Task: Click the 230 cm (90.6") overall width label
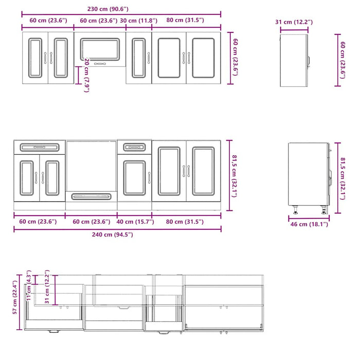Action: pos(107,9)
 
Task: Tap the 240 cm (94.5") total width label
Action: pos(109,235)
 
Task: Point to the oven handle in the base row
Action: pos(92,196)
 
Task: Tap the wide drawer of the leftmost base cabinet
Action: pos(40,148)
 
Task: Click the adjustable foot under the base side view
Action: pos(296,210)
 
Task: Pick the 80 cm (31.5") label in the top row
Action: pos(186,20)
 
